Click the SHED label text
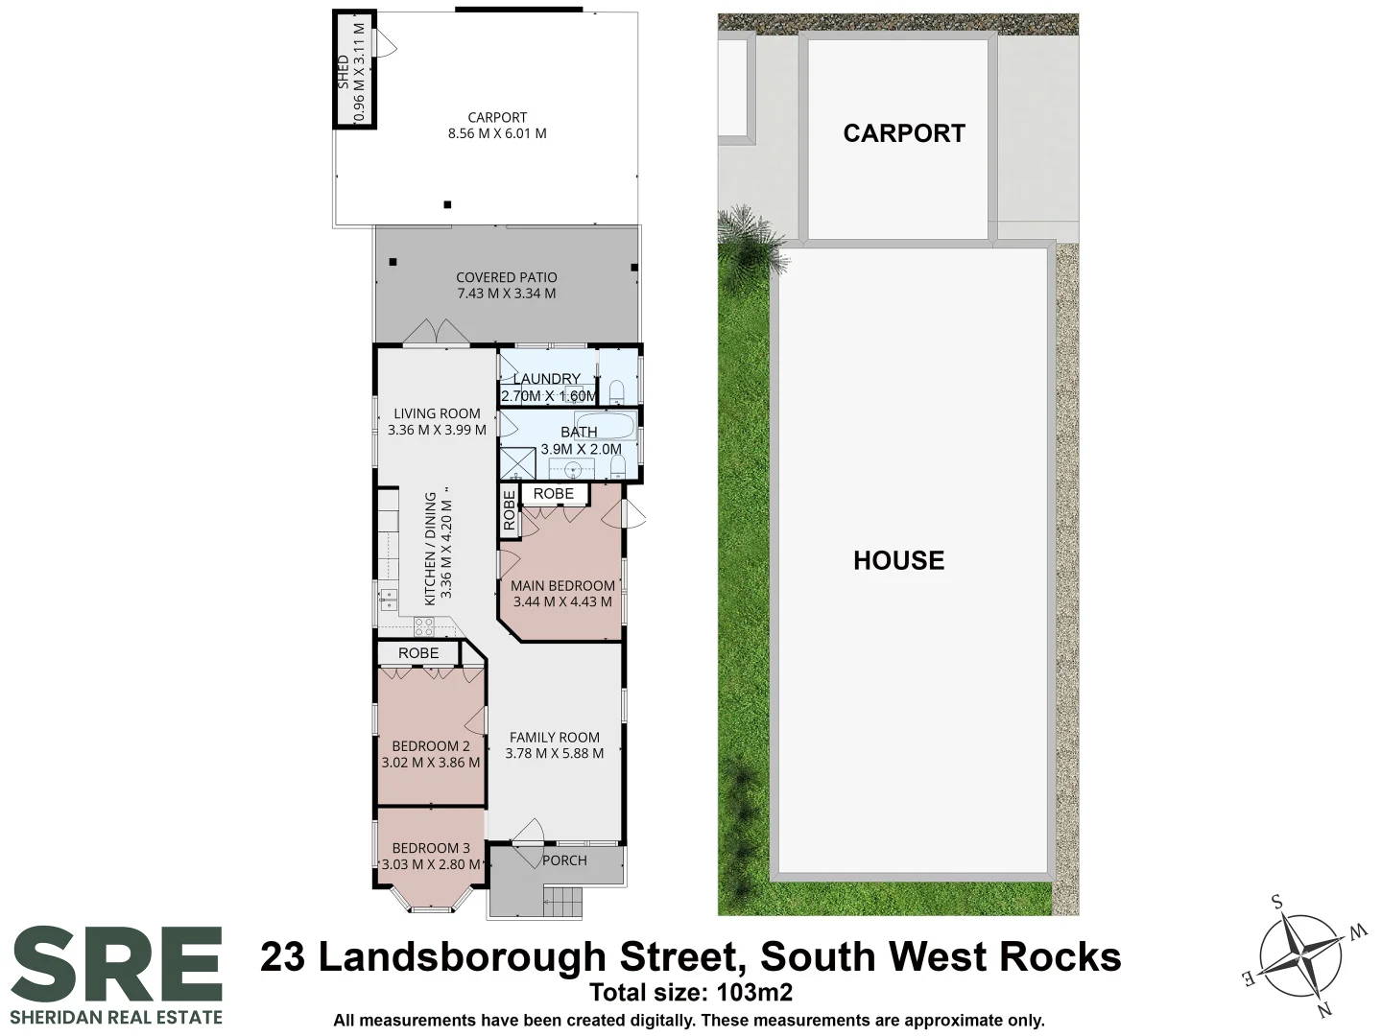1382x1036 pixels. pos(344,72)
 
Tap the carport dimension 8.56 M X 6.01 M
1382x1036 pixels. pos(497,133)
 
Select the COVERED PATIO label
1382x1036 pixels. pos(506,277)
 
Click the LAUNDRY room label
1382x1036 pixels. pos(546,379)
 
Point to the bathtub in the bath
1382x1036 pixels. pos(605,426)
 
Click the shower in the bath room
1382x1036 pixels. pos(517,464)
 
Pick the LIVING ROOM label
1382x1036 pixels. pos(437,413)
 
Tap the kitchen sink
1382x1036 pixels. pos(388,600)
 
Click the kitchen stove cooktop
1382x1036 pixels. pos(424,626)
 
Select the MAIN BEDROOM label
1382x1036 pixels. pos(562,585)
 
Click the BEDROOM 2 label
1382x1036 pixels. pos(431,746)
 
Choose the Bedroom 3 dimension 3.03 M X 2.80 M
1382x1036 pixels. pos(431,864)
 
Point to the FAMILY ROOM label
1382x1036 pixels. pos(555,737)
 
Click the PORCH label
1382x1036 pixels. pos(564,860)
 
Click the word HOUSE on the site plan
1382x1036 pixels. pos(898,560)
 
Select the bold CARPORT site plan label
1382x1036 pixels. pos(904,133)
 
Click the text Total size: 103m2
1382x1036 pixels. pos(691,993)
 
